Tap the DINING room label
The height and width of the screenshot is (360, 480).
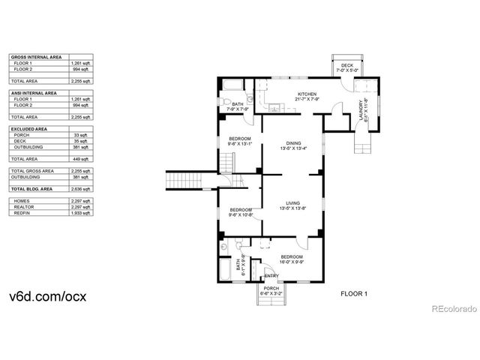coord(292,142)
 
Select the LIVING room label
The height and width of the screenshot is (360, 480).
coord(292,202)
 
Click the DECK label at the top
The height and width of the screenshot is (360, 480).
coord(346,65)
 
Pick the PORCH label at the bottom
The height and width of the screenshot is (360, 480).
coord(270,289)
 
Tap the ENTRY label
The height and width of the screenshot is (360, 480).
coord(271,275)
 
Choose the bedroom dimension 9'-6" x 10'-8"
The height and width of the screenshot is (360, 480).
coord(241,214)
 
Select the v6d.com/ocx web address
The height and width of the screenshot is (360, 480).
coord(49,295)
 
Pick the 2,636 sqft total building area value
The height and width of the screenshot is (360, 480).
coord(80,189)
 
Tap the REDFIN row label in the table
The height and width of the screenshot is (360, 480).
coord(22,213)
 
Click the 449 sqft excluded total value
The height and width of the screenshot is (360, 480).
coord(80,159)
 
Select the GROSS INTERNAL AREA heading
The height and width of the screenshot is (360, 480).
coord(37,57)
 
